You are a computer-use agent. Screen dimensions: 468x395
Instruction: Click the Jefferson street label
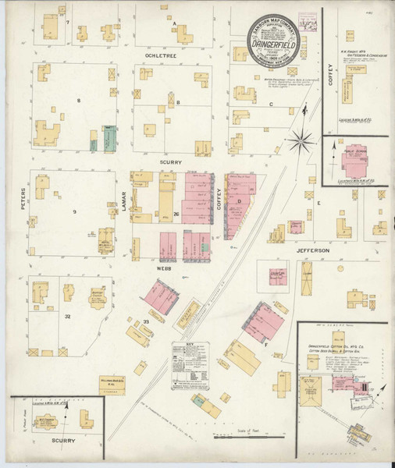tap(314, 250)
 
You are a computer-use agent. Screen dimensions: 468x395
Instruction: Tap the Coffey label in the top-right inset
tap(331, 74)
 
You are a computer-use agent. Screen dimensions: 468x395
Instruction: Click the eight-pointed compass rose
tap(299, 140)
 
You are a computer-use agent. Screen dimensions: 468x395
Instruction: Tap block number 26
tap(177, 214)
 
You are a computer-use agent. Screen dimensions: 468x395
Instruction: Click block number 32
tap(68, 316)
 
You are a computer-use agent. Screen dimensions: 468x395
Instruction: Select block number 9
tap(75, 212)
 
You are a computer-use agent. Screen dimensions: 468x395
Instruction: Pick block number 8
tap(78, 101)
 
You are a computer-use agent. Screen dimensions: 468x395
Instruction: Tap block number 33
tap(145, 321)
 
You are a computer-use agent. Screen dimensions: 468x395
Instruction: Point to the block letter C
tap(271, 104)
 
